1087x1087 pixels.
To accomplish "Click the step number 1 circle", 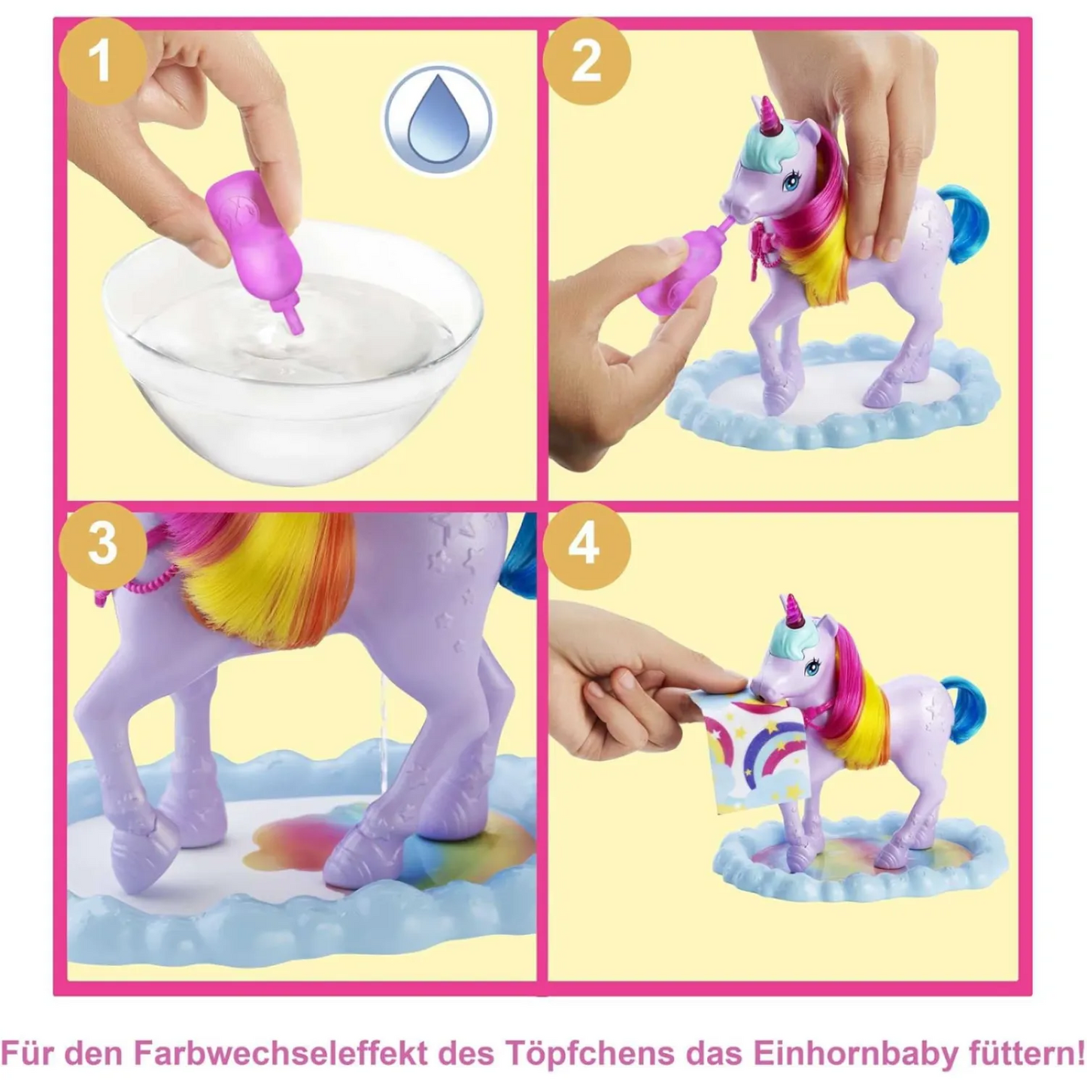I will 100,61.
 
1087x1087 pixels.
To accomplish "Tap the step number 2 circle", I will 586,61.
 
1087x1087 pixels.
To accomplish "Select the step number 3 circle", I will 100,541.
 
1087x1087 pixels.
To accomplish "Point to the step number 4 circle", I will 586,541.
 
